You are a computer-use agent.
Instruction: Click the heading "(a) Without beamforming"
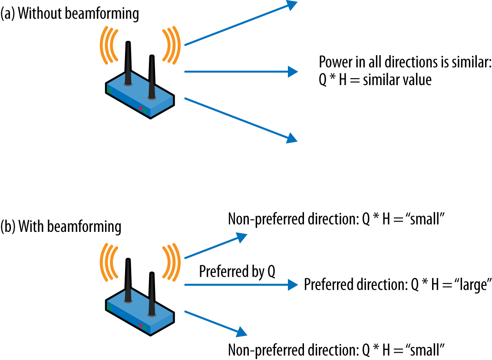pyautogui.click(x=70, y=14)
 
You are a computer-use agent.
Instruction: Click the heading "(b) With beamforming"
pyautogui.click(x=61, y=226)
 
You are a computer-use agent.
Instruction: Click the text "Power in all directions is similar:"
pyautogui.click(x=405, y=63)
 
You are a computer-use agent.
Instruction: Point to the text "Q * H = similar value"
pyautogui.click(x=375, y=80)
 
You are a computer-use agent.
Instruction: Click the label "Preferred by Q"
pyautogui.click(x=237, y=272)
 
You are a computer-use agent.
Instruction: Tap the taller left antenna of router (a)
pyautogui.click(x=128, y=63)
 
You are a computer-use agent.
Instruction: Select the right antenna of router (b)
pyautogui.click(x=152, y=293)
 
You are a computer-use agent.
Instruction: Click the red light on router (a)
pyautogui.click(x=140, y=108)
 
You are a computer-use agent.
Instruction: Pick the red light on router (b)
pyautogui.click(x=140, y=325)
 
